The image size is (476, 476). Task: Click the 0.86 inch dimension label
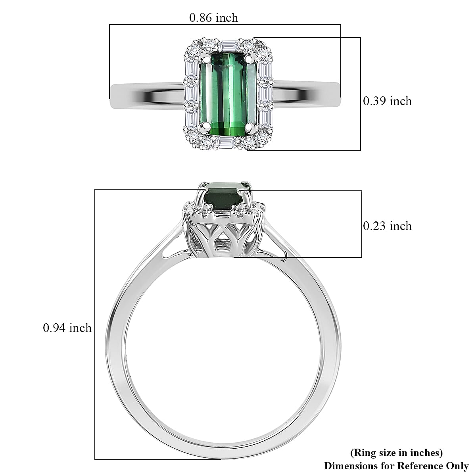[x=214, y=18]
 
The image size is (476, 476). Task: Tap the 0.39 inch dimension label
[x=387, y=101]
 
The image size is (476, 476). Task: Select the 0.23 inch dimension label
[x=387, y=226]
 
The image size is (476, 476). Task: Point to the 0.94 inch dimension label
[x=67, y=328]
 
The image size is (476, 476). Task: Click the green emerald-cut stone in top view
[x=228, y=94]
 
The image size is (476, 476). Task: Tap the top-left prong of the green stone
[x=205, y=59]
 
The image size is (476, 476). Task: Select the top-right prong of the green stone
[x=250, y=59]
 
